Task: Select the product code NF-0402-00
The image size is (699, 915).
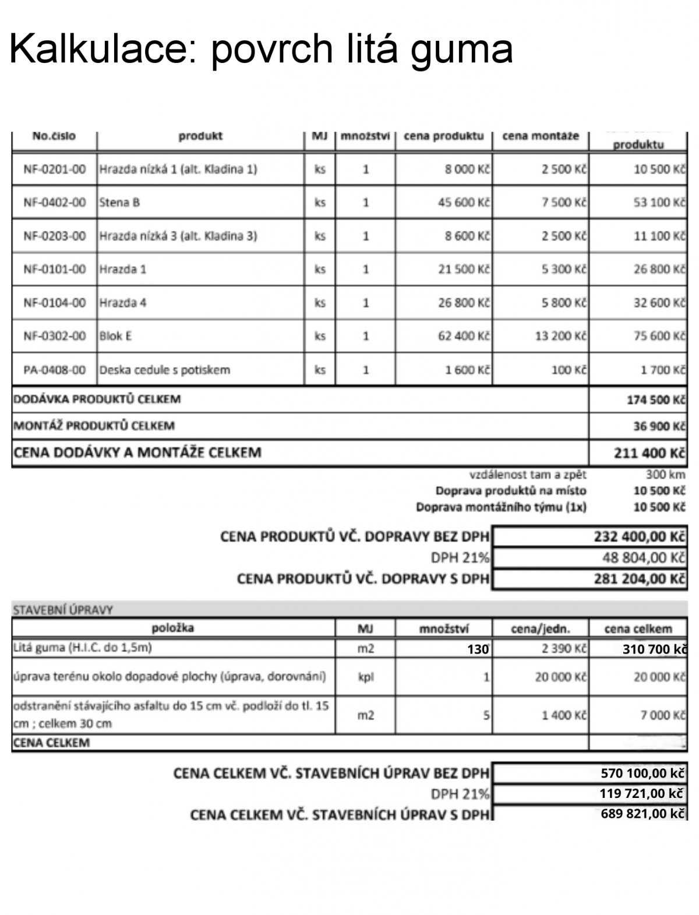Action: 55,203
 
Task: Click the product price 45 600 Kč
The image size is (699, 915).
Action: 464,203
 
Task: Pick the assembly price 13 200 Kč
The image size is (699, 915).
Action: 560,336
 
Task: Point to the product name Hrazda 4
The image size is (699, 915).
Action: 122,303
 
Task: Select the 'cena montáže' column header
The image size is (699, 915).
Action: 541,136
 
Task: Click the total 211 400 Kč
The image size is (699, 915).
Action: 649,453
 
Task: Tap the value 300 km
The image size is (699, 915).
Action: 665,474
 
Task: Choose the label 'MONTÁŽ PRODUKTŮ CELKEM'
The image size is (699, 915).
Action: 94,426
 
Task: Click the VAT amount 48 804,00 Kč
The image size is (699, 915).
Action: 643,557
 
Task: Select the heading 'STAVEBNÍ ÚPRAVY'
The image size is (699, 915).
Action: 63,610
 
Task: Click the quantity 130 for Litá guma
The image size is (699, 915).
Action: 478,649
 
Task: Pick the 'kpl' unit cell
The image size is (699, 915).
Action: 365,677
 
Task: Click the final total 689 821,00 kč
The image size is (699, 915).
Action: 642,814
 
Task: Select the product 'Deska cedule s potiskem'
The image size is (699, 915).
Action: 165,370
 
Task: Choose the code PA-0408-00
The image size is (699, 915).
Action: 55,370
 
